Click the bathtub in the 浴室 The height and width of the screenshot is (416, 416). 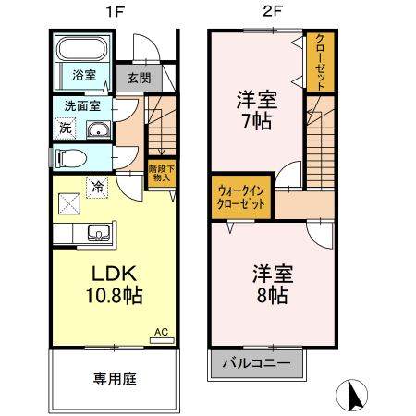(x=82, y=48)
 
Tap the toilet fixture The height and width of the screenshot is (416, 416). (x=71, y=158)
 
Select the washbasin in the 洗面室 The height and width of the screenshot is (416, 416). (x=98, y=128)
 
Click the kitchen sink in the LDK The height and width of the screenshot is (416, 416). (x=99, y=233)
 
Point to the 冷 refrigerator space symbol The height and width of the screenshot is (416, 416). (x=97, y=188)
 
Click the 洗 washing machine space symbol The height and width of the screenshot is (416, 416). (x=66, y=128)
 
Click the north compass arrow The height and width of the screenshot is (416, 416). (x=354, y=396)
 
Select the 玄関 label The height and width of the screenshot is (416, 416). (x=140, y=78)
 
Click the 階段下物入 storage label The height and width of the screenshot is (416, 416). (x=162, y=173)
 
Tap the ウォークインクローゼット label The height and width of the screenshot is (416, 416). (x=241, y=197)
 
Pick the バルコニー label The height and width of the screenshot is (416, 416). (x=256, y=363)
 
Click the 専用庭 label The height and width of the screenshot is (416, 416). (x=115, y=379)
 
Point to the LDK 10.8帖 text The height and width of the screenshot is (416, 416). (x=114, y=284)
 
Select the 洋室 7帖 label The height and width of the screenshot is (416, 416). (x=257, y=109)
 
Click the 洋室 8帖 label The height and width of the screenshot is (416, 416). (x=273, y=284)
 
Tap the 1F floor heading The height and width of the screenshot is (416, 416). (x=115, y=12)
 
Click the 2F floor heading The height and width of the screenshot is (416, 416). (x=273, y=12)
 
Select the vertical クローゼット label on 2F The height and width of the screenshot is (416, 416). (x=321, y=62)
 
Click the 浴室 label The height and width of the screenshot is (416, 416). (x=84, y=75)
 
